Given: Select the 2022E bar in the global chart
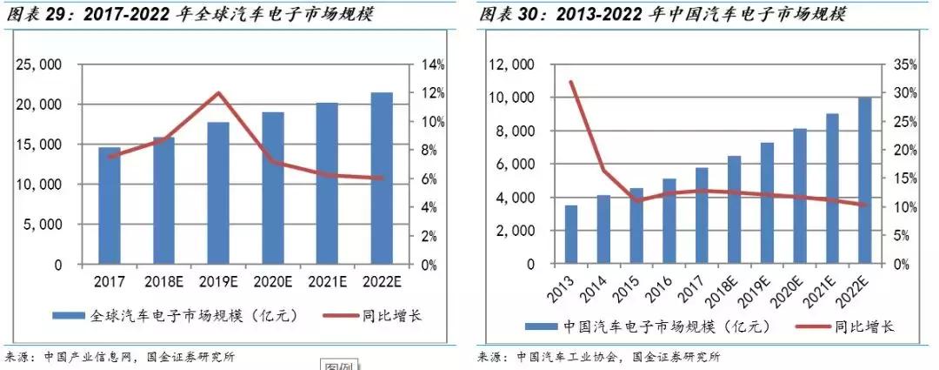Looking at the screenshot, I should click(381, 178).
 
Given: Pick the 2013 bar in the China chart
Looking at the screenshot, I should click(570, 235).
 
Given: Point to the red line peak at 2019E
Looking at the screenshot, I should click(218, 93).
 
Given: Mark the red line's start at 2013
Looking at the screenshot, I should click(570, 82).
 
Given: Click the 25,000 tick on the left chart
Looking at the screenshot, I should click(38, 64).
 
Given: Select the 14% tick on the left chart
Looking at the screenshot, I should click(434, 64).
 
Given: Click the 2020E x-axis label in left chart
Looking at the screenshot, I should click(272, 282).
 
